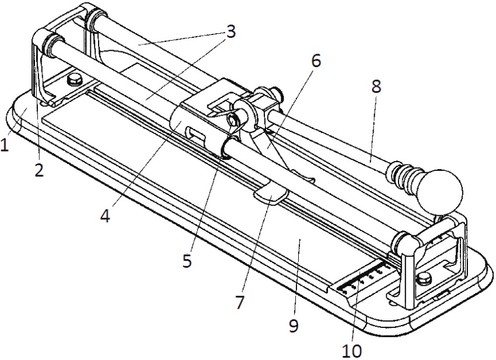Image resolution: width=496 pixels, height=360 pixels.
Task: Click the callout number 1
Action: click(5, 144)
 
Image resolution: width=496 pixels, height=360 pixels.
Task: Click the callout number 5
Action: click(187, 261)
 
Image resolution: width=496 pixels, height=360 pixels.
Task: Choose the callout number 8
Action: click(375, 87)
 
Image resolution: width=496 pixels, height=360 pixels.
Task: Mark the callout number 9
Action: click(293, 325)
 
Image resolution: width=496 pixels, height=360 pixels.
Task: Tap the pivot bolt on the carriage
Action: click(235, 120)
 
